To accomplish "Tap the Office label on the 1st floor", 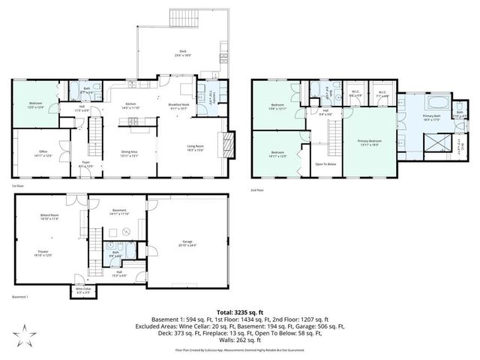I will pos(43,153).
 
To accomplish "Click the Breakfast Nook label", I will pos(177,106).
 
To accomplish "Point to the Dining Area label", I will pos(129,153).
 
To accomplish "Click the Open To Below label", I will pos(325,163).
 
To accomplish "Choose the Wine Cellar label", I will pos(82,290).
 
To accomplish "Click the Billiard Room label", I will pos(50,217).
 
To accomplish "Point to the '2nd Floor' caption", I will pos(258,190).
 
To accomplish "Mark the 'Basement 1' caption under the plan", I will pos(19,297).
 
